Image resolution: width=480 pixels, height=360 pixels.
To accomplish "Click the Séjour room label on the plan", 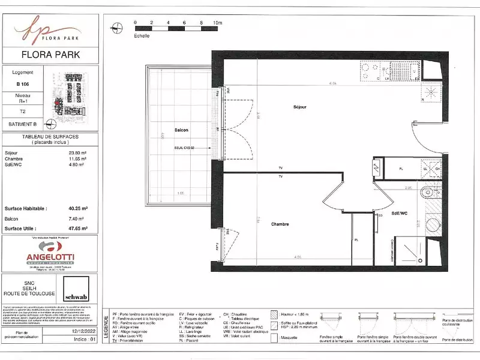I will pos(299,107).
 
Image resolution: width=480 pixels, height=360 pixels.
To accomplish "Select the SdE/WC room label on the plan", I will pos(400,214).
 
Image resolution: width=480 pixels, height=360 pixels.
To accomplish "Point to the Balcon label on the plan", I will pos(181,130).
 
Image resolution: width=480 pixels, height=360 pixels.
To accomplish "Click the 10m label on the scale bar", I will pos(217,22).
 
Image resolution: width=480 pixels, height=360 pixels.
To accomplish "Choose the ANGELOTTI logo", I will pos(50,255).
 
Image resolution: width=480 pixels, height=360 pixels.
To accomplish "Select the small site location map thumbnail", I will pos(73,97).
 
